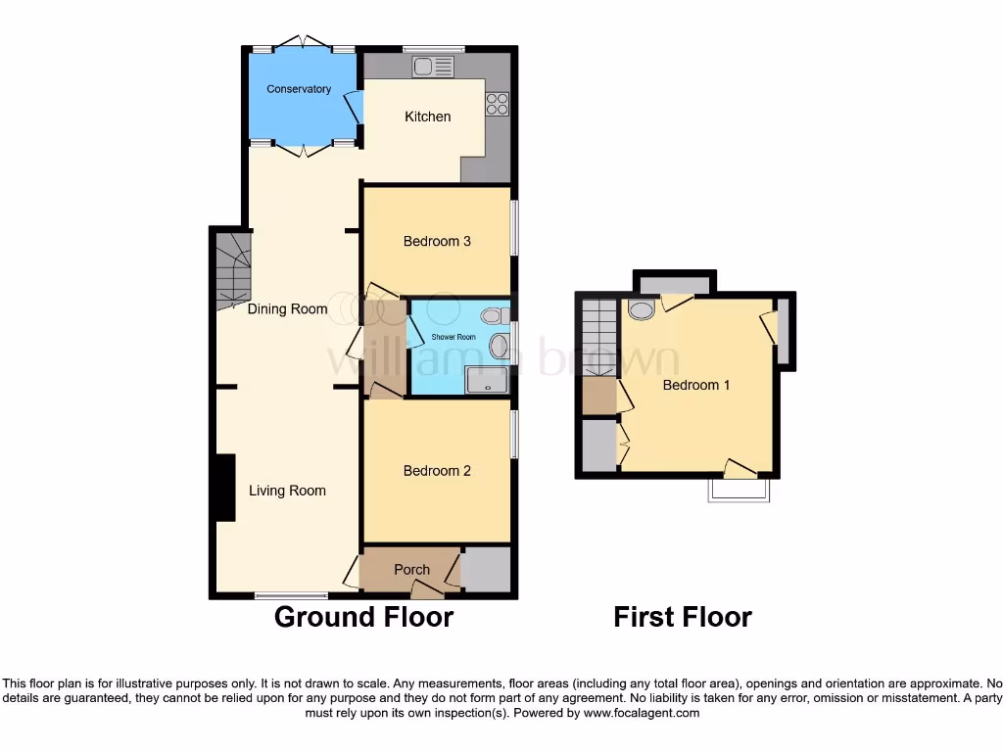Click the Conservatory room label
click(x=299, y=89)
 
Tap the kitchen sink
click(x=433, y=67)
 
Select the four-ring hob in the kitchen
click(x=497, y=103)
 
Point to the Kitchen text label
click(x=428, y=117)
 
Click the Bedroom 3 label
click(x=437, y=241)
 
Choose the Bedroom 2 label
click(x=437, y=471)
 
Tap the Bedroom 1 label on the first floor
click(x=696, y=385)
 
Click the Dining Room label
click(x=287, y=309)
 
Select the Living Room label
click(x=287, y=491)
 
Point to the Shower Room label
click(x=453, y=337)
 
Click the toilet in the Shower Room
click(x=495, y=314)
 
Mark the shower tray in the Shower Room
click(x=487, y=380)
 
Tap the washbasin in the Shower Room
click(x=499, y=345)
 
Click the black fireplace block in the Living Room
click(x=225, y=487)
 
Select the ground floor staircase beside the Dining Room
click(x=233, y=268)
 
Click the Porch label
click(x=411, y=570)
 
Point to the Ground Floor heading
click(x=363, y=617)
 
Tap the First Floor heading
click(x=683, y=617)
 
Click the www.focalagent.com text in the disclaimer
click(x=643, y=714)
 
